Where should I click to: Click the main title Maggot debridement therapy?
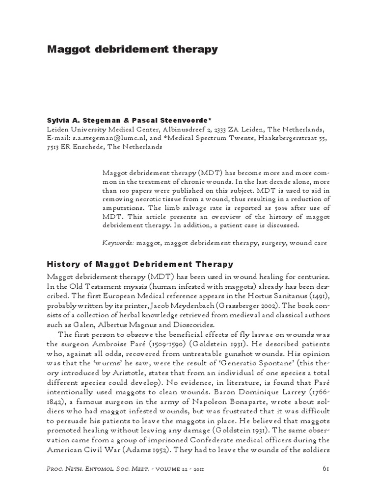tap(132, 50)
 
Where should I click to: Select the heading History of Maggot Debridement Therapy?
tap(140, 264)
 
